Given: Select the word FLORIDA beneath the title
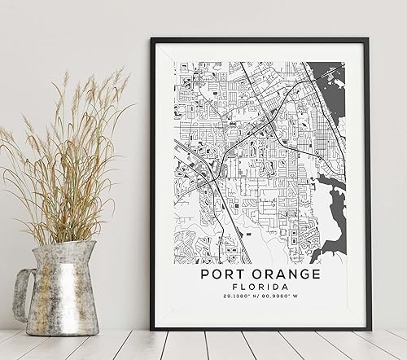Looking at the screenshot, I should pos(260,292).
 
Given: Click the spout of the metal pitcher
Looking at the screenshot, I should pos(91,246).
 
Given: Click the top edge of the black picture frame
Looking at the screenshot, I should pos(260,40).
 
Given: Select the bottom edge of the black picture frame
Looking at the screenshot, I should pos(260,327).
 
